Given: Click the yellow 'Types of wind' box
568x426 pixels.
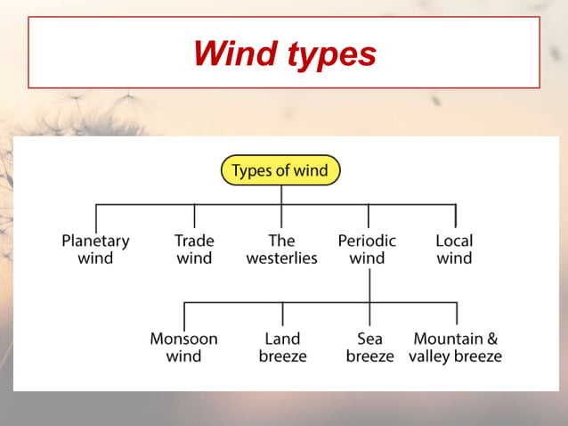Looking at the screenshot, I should coord(280,170).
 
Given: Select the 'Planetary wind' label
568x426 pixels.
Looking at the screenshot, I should coord(95,250).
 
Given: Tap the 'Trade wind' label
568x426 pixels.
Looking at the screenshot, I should coord(194,250).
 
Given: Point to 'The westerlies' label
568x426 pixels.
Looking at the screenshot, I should coord(281,250).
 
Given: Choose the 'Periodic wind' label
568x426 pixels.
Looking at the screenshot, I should coord(367,250).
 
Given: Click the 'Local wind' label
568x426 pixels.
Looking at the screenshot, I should coord(454,250).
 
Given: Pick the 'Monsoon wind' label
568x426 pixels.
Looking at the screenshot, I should coord(183,348).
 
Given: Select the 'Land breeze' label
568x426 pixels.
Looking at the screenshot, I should coord(282,348).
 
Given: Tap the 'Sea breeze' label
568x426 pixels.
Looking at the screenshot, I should coord(369,348).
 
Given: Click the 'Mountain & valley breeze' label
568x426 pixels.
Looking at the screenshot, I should coord(455,348).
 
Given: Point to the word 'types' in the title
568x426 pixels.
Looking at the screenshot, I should coord(331,55).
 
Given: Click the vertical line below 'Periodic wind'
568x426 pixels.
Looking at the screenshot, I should coord(369,285).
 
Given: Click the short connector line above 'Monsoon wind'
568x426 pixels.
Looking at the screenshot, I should coord(184,315).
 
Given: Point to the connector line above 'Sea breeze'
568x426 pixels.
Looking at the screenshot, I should coord(369,315).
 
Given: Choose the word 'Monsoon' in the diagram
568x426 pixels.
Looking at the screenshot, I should coord(183,339).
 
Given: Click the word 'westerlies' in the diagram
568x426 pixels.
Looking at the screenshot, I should coord(281,258).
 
